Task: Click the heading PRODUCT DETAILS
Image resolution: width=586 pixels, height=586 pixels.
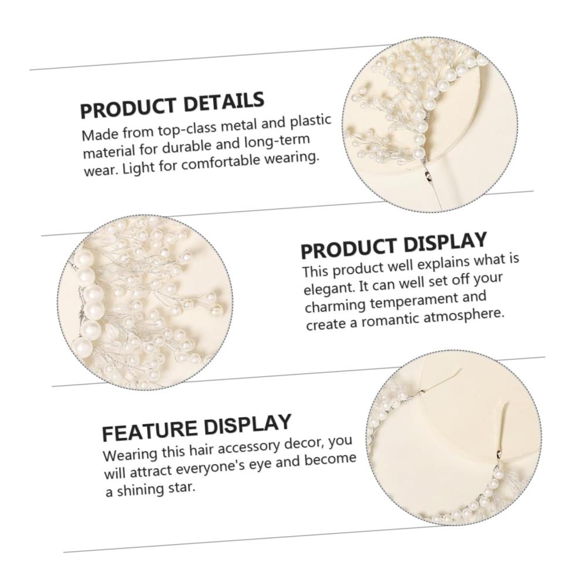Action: pos(172,104)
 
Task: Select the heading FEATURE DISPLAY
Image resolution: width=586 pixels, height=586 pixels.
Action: pos(196,428)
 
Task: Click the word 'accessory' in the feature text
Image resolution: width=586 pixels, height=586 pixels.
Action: pos(248,447)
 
